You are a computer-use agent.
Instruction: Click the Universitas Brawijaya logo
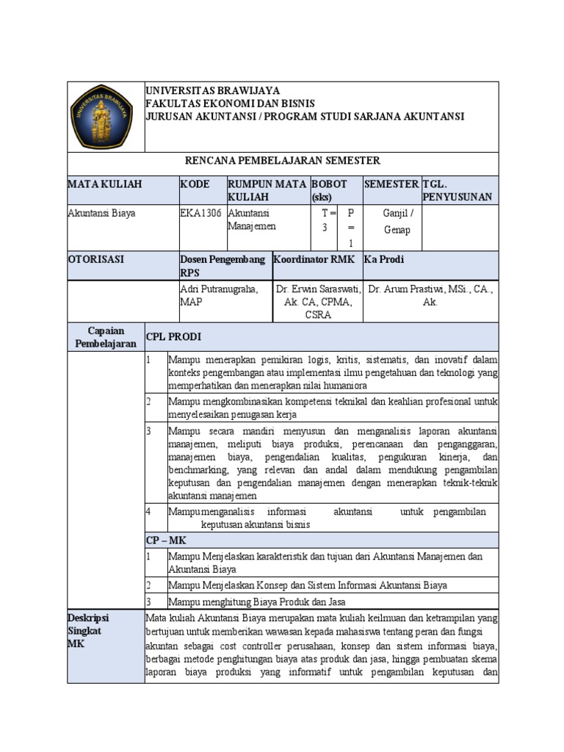point(104,116)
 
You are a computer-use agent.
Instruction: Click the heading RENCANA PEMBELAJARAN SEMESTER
point(282,161)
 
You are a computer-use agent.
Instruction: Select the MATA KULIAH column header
point(104,184)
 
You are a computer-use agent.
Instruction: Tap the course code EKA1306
point(200,214)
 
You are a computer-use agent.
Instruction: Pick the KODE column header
point(195,184)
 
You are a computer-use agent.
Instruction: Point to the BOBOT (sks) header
point(330,190)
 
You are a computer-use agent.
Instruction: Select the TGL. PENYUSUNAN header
point(457,190)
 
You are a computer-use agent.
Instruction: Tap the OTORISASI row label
point(96,259)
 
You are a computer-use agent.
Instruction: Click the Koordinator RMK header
point(314,259)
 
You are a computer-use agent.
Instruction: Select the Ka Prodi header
point(384,259)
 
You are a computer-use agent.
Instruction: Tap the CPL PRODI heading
point(173,337)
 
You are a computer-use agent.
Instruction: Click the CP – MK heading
point(166,540)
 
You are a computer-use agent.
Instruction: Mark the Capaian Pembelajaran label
point(106,337)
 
